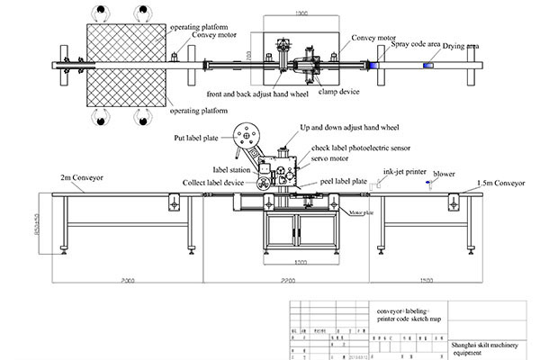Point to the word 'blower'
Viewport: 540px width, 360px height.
(x=444, y=172)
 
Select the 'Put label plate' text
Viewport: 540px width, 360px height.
(x=197, y=139)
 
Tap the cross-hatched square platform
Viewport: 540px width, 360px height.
(x=125, y=64)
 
